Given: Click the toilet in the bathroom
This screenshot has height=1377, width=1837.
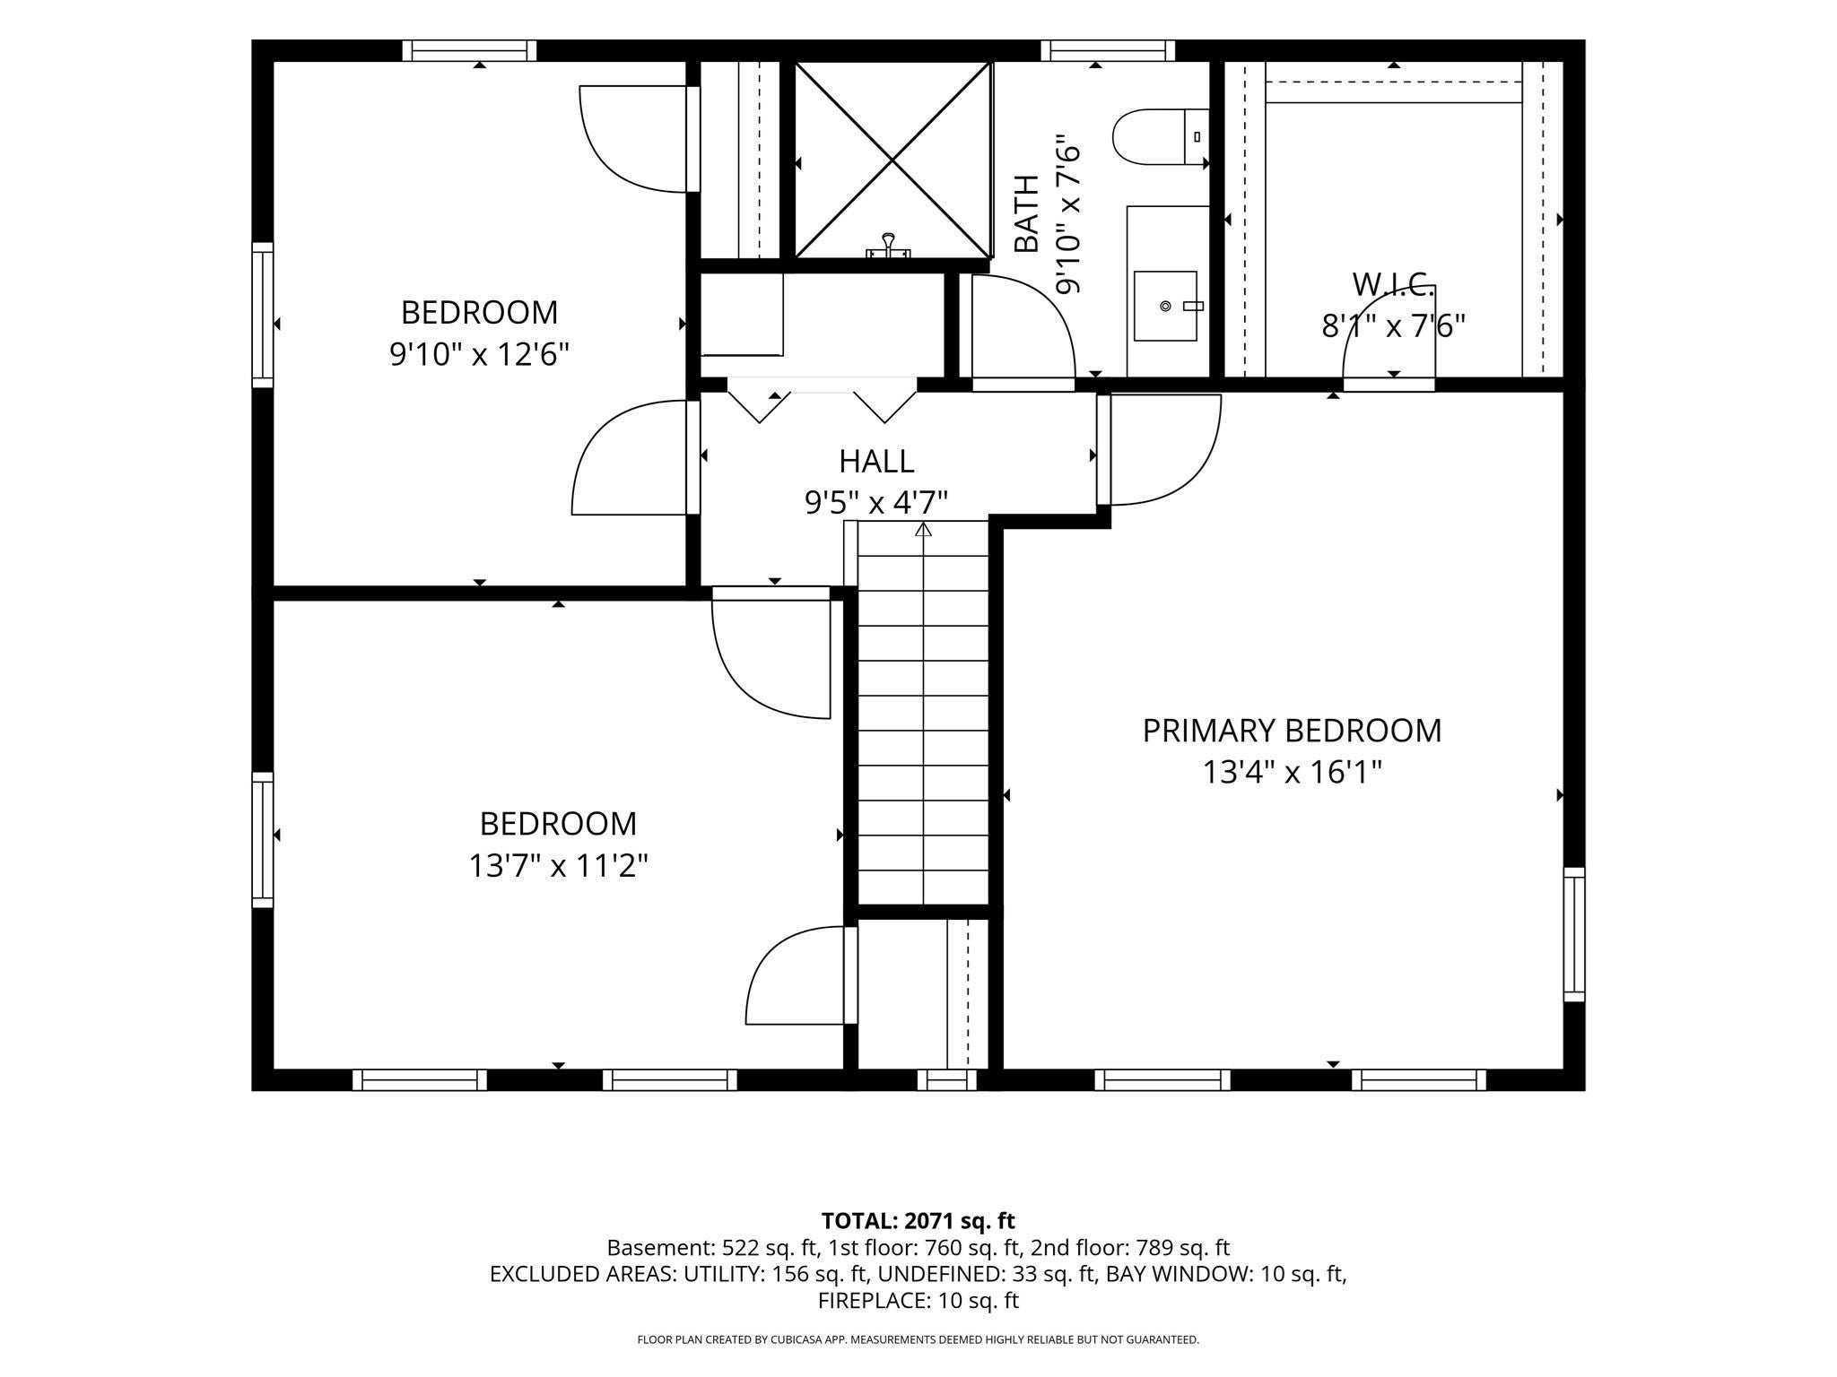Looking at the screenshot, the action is (x=1161, y=137).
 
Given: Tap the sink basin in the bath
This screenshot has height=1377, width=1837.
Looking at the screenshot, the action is (x=1165, y=306).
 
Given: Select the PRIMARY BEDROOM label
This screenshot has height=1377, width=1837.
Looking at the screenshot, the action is (x=1292, y=731).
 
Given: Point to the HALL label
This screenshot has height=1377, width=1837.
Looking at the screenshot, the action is (x=876, y=461).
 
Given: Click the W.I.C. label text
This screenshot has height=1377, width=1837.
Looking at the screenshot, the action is (x=1393, y=284).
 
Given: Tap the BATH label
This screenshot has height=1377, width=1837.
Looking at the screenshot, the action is (x=1026, y=213).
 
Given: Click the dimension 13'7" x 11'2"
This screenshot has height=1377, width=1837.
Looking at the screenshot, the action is (x=558, y=866).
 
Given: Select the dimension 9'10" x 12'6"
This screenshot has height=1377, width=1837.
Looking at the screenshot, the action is (x=479, y=355).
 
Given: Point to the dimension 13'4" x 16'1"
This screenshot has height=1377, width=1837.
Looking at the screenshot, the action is (x=1292, y=772).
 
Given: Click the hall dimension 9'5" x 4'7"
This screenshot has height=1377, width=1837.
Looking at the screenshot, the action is (x=876, y=503).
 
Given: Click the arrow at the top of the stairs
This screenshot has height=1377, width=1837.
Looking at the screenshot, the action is (x=923, y=529).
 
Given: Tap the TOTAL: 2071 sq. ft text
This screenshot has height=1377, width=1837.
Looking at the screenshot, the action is (x=918, y=1220).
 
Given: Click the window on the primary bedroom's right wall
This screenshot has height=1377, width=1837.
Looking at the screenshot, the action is (x=1574, y=934).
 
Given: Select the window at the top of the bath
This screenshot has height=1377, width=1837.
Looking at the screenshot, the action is (x=1108, y=50).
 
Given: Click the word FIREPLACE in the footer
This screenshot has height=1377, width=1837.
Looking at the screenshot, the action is (x=860, y=1300).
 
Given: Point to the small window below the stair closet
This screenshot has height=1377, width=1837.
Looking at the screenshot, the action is (x=946, y=1079).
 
